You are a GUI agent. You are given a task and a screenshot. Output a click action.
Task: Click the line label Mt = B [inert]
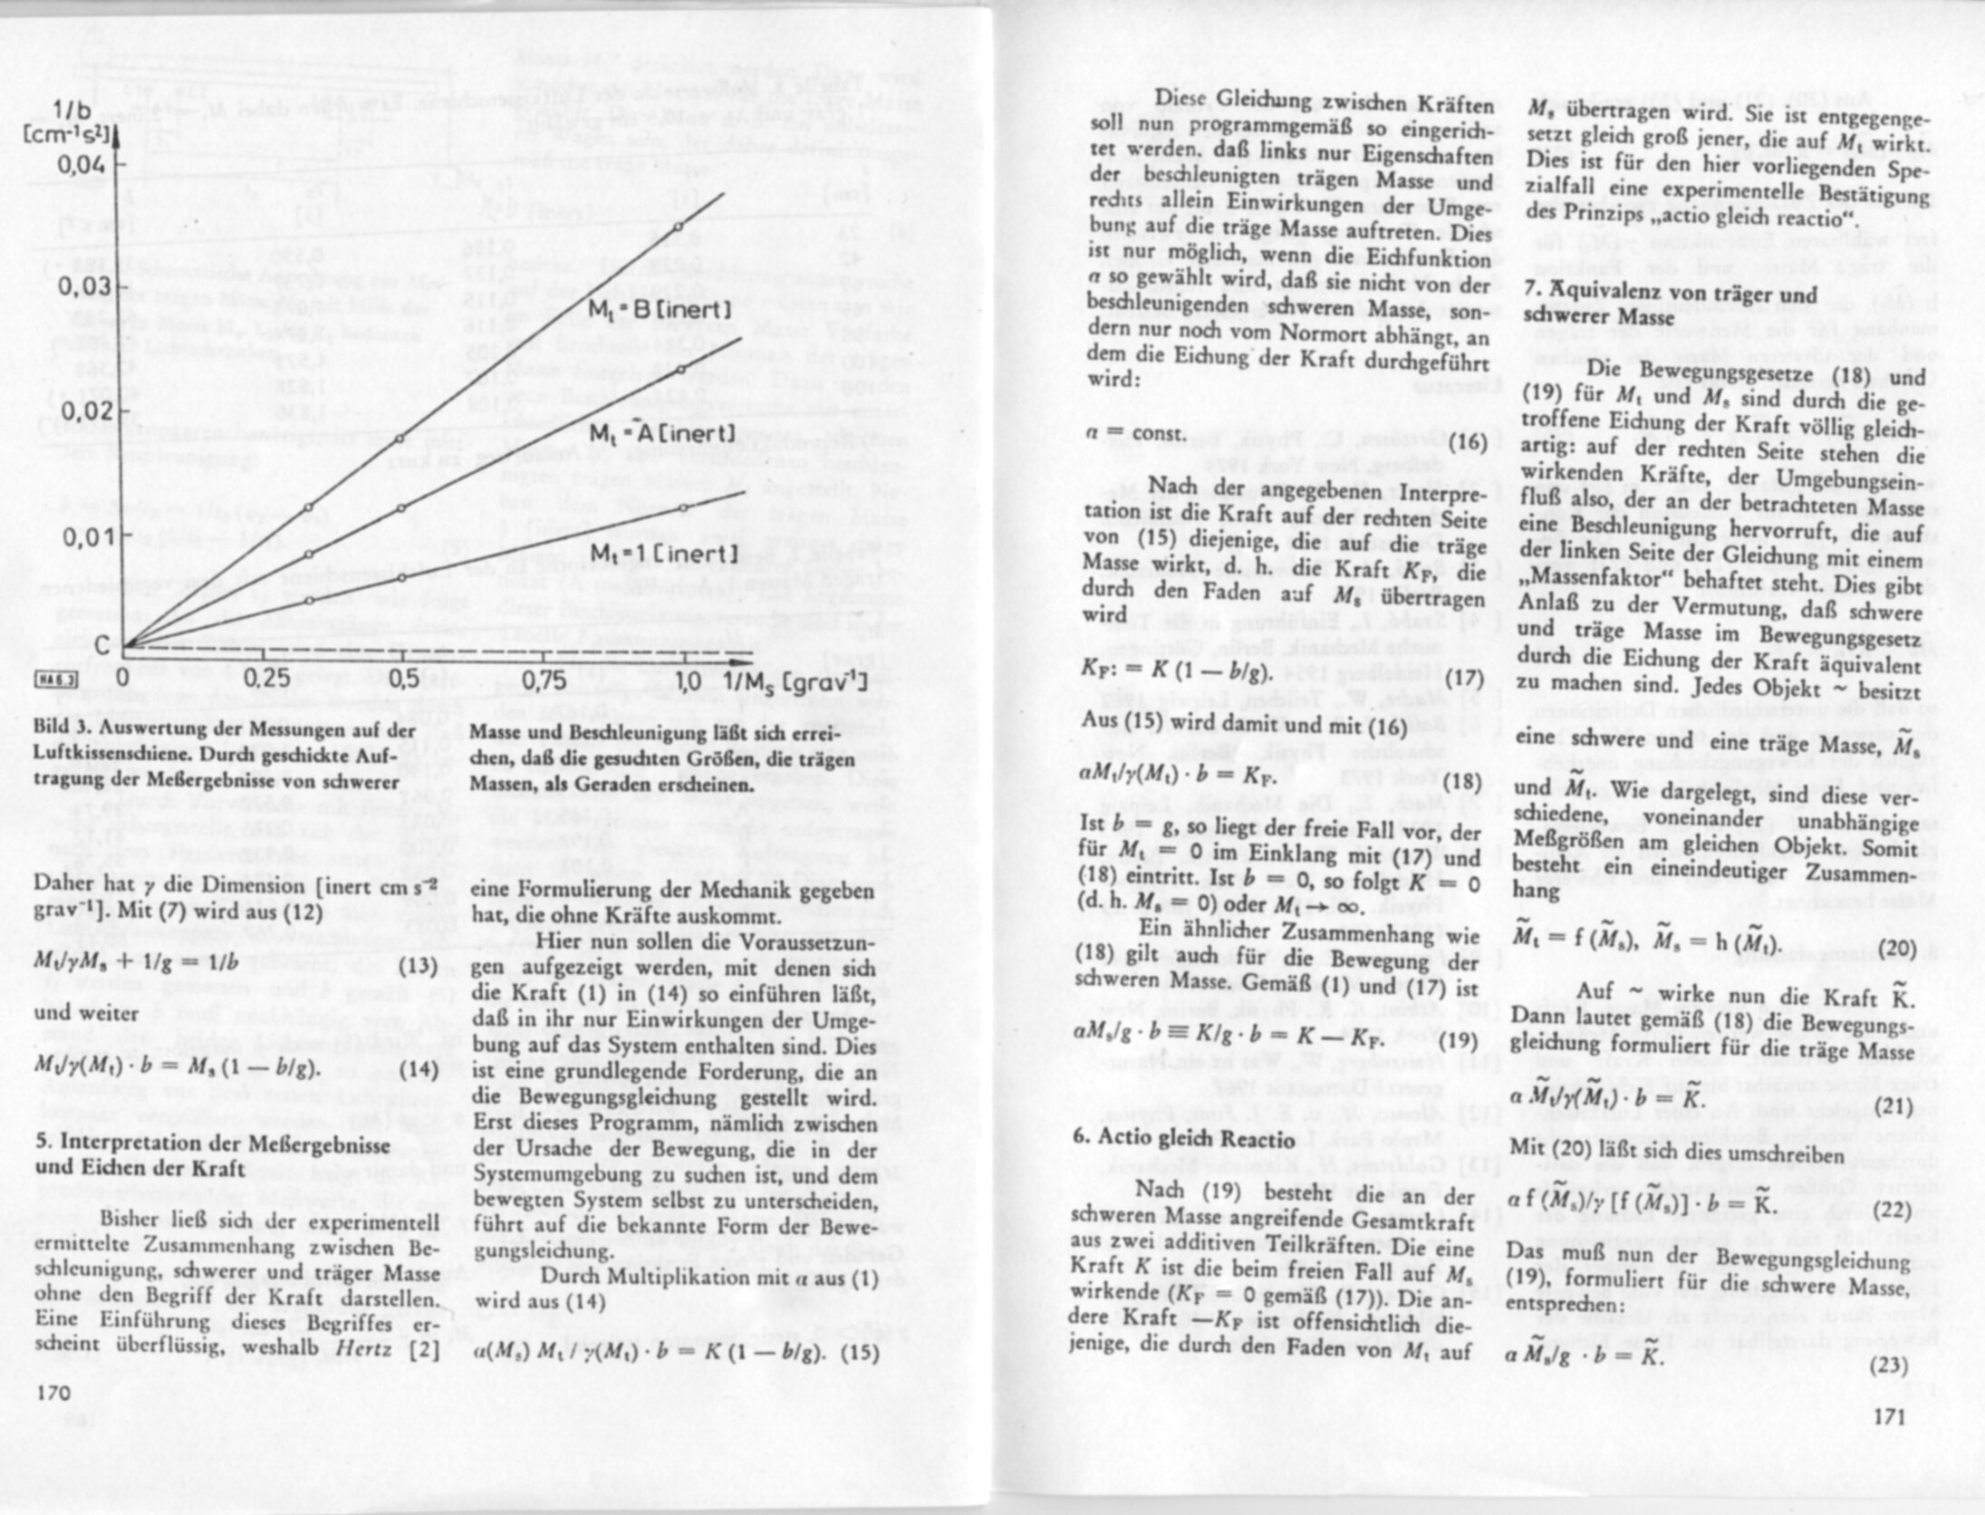660,310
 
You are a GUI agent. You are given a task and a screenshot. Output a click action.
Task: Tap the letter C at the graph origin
103,644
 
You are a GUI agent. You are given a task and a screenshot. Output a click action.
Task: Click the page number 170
53,1392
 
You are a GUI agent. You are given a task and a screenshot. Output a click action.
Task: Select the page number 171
1889,1415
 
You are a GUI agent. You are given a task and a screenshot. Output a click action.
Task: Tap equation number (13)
419,966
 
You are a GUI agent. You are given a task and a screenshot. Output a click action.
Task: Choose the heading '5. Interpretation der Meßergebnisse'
213,1144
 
